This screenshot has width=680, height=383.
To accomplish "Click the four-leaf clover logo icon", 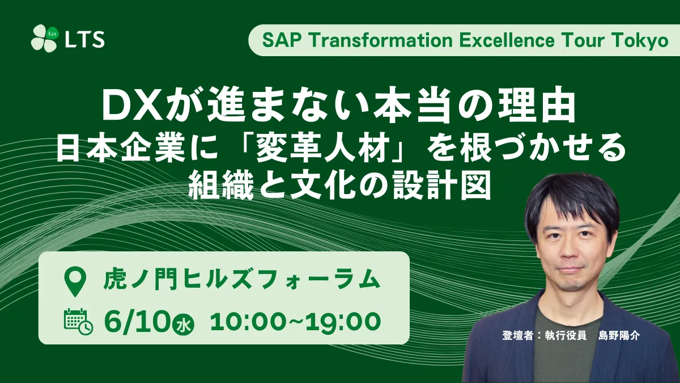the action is (44, 39).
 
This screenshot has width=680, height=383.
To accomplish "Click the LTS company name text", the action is (84, 39).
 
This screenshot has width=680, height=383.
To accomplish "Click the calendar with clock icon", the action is (78, 321).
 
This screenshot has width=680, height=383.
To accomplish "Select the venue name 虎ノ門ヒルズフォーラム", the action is (242, 279).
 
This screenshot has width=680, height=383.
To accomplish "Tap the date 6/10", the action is (137, 321).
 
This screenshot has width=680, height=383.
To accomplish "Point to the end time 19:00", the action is (343, 322).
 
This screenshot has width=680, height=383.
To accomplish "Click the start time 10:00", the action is (248, 322).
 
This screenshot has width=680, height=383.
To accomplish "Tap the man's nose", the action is (567, 252).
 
